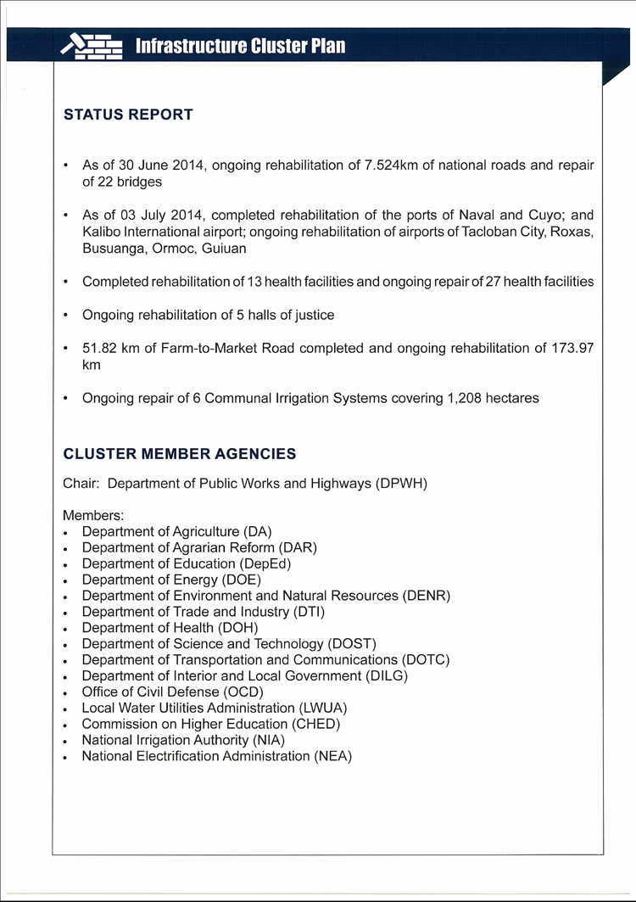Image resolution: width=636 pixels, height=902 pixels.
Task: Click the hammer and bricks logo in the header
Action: point(92,46)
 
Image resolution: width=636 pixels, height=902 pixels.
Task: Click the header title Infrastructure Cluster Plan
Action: point(240,46)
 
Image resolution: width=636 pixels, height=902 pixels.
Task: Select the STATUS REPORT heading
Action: point(128,115)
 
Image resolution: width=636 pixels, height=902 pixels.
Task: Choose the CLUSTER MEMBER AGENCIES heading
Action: point(180,454)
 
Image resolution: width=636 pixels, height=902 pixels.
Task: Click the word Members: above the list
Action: point(93,515)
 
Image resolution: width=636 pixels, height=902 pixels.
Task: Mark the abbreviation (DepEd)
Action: point(265,563)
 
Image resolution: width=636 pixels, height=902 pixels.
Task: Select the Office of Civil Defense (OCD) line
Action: point(172,692)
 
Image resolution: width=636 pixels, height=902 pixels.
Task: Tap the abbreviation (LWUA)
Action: point(323,708)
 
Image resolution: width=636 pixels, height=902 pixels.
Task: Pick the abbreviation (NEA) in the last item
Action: point(332,756)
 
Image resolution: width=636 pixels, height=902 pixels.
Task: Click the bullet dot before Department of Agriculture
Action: point(66,532)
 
